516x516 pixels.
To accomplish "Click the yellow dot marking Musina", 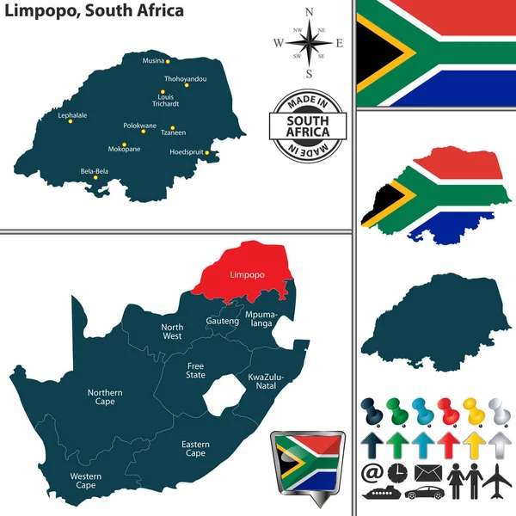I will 169,62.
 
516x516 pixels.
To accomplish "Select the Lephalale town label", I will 72,114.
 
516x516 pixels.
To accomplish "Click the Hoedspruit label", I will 189,152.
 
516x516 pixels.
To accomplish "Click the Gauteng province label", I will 223,320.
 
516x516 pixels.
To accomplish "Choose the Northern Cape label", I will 105,396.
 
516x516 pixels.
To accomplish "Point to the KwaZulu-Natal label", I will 266,381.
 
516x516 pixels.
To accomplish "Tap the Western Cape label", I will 86,481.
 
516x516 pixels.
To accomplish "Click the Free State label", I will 196,370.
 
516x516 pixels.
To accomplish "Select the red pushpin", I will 446,411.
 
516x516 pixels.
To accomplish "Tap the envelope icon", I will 427,472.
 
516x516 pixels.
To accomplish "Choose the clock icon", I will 397,472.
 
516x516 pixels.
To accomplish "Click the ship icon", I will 379,494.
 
